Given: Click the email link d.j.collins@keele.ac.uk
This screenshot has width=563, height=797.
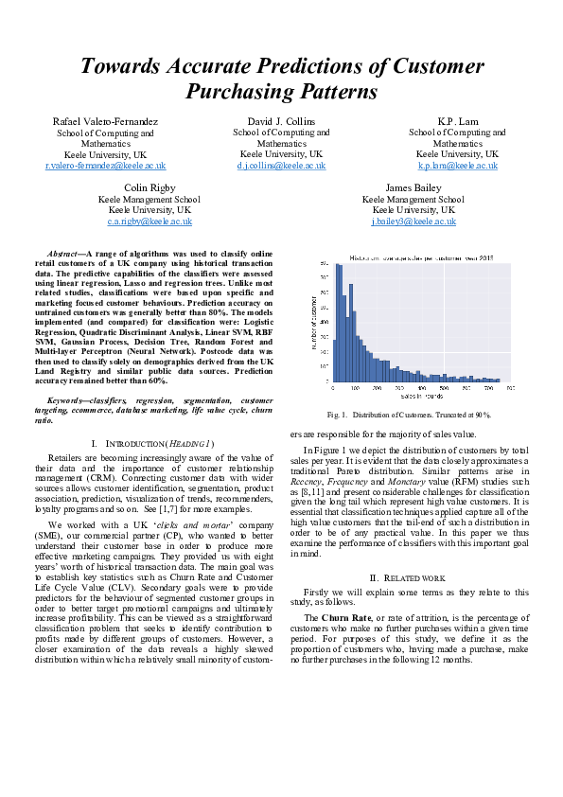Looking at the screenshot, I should [281, 165].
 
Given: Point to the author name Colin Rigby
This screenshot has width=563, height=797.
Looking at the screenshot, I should [150, 188].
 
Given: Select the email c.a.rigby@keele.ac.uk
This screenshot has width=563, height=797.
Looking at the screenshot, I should [150, 221].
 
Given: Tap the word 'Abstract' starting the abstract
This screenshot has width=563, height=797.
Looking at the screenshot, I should [63, 255].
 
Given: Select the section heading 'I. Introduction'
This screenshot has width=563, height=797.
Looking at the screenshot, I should [152, 444].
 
